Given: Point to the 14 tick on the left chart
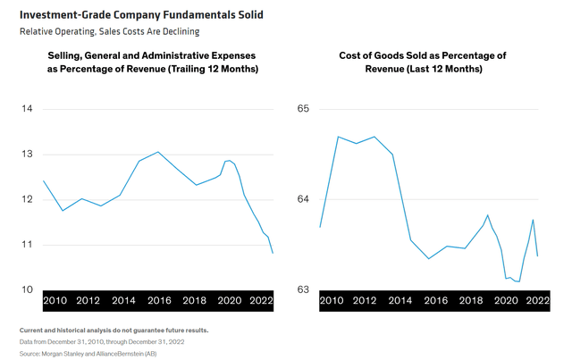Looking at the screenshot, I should [26, 109].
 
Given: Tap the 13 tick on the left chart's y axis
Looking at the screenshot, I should [26, 155].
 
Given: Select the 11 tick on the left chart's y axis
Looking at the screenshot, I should [26, 244].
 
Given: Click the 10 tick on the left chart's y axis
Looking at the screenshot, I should [26, 289].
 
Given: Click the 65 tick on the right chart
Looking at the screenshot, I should [303, 109].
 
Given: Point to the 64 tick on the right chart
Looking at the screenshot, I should [303, 199].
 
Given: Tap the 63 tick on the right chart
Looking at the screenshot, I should [303, 289].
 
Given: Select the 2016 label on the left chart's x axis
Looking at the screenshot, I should [158, 301].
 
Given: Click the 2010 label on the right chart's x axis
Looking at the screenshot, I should [332, 301].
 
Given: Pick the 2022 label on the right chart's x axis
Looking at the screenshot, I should [537, 301].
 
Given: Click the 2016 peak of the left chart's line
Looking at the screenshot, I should [158, 151].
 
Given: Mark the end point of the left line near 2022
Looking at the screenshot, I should [273, 254].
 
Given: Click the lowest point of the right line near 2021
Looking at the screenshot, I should [518, 281].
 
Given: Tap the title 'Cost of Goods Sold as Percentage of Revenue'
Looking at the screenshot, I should [423, 62].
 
